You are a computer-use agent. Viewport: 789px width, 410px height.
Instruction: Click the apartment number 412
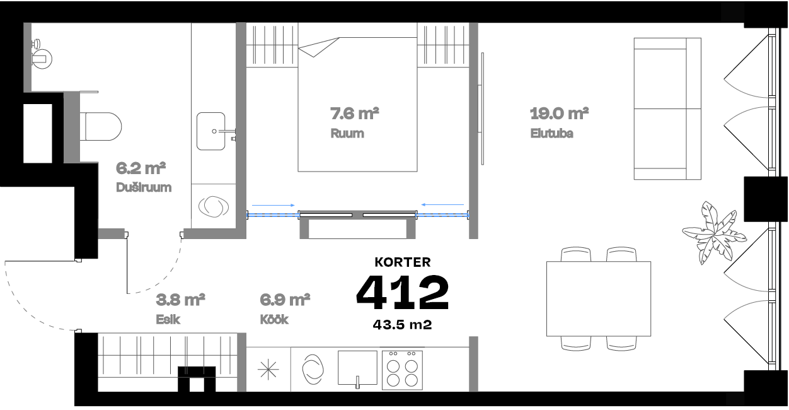click(402, 293)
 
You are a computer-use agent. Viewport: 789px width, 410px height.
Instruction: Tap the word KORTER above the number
click(402, 261)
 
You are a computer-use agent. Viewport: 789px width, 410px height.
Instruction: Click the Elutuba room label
click(551, 134)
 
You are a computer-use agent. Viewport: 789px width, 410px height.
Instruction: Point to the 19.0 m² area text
click(559, 114)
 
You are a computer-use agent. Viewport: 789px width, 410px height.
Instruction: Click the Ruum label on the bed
click(347, 134)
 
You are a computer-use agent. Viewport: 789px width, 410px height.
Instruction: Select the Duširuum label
click(144, 187)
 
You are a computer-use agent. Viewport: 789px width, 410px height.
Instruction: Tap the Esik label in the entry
click(168, 319)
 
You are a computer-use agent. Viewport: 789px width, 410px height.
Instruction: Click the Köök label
click(274, 319)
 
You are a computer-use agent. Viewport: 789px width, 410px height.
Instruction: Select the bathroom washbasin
click(211, 131)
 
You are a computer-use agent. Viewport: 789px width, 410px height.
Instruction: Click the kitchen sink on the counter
click(357, 368)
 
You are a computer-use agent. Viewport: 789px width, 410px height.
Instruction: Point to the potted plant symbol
click(713, 232)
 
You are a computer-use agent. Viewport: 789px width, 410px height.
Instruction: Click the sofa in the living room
click(667, 108)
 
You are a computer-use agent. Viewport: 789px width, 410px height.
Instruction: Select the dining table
click(598, 299)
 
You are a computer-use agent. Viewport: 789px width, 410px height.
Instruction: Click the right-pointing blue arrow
click(274, 204)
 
